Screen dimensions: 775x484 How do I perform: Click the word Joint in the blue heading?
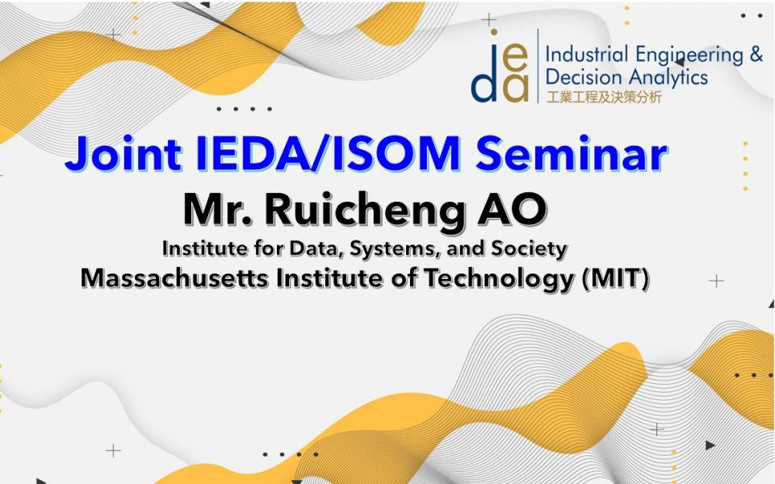tap(123, 153)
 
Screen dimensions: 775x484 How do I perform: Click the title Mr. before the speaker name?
tap(219, 210)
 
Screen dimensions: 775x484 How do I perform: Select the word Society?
tap(529, 249)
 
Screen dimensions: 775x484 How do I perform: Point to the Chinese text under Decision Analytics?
tap(604, 97)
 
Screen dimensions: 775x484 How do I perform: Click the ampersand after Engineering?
tap(756, 54)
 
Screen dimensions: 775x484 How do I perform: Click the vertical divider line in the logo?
tap(538, 65)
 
